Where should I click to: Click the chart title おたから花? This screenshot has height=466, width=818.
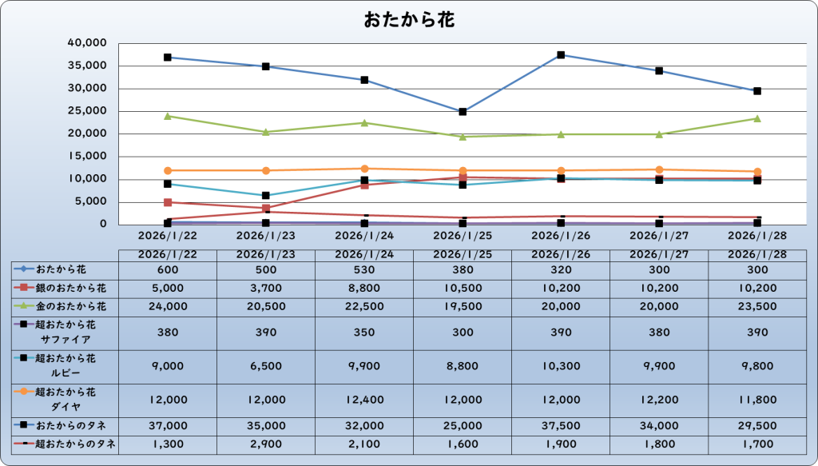(x=409, y=20)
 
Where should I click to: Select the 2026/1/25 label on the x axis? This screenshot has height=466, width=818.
(x=463, y=236)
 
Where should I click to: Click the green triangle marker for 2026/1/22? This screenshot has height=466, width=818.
(x=168, y=116)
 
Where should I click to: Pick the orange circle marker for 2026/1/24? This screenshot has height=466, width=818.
(x=364, y=169)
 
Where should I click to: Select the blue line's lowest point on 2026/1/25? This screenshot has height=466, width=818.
(x=463, y=112)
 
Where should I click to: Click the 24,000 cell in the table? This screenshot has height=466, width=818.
(x=168, y=305)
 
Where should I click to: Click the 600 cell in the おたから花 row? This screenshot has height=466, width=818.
(x=168, y=270)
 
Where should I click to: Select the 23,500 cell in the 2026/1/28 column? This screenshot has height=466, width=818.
(x=757, y=305)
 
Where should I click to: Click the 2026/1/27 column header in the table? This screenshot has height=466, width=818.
(x=659, y=254)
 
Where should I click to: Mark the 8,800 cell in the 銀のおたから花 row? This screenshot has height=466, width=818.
(x=364, y=287)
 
